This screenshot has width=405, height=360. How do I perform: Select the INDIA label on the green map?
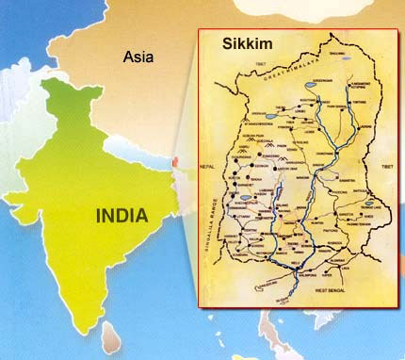(121, 215)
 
